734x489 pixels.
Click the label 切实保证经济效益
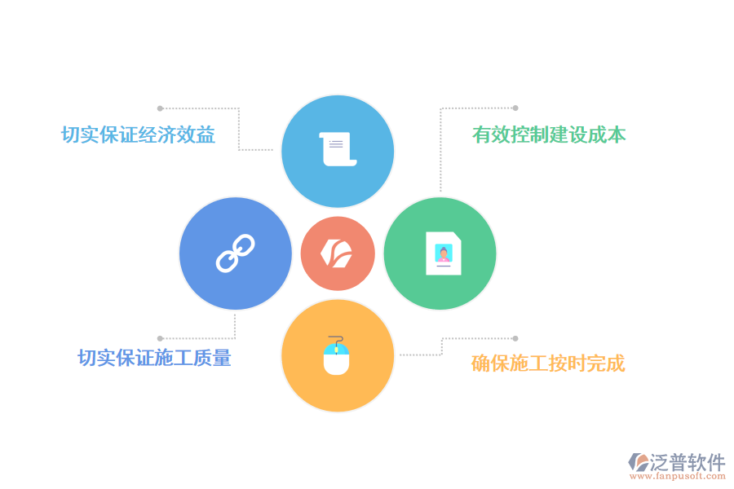coord(138,134)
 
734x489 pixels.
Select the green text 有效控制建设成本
coord(549,134)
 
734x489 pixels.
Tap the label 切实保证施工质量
coord(154,358)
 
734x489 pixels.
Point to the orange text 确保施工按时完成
coord(548,363)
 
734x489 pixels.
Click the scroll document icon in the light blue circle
coord(338,149)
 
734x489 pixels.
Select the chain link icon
coord(236,253)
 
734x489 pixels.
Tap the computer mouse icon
coord(337,355)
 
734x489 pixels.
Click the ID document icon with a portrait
coord(444,253)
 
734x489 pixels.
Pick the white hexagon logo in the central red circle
coord(336,253)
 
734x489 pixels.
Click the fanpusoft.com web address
coord(678,476)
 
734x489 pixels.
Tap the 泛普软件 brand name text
coord(688,462)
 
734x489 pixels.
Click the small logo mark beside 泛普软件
coord(638,462)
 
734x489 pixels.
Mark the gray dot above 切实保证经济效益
coord(160,108)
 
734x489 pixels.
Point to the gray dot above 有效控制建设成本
coord(515,108)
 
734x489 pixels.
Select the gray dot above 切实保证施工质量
coord(160,338)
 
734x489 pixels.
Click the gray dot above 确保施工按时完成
coord(515,338)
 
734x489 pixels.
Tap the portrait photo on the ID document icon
coord(444,253)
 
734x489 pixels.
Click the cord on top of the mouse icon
coord(337,341)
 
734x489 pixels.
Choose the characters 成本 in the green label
coord(607,134)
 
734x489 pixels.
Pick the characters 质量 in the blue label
coord(213,358)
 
